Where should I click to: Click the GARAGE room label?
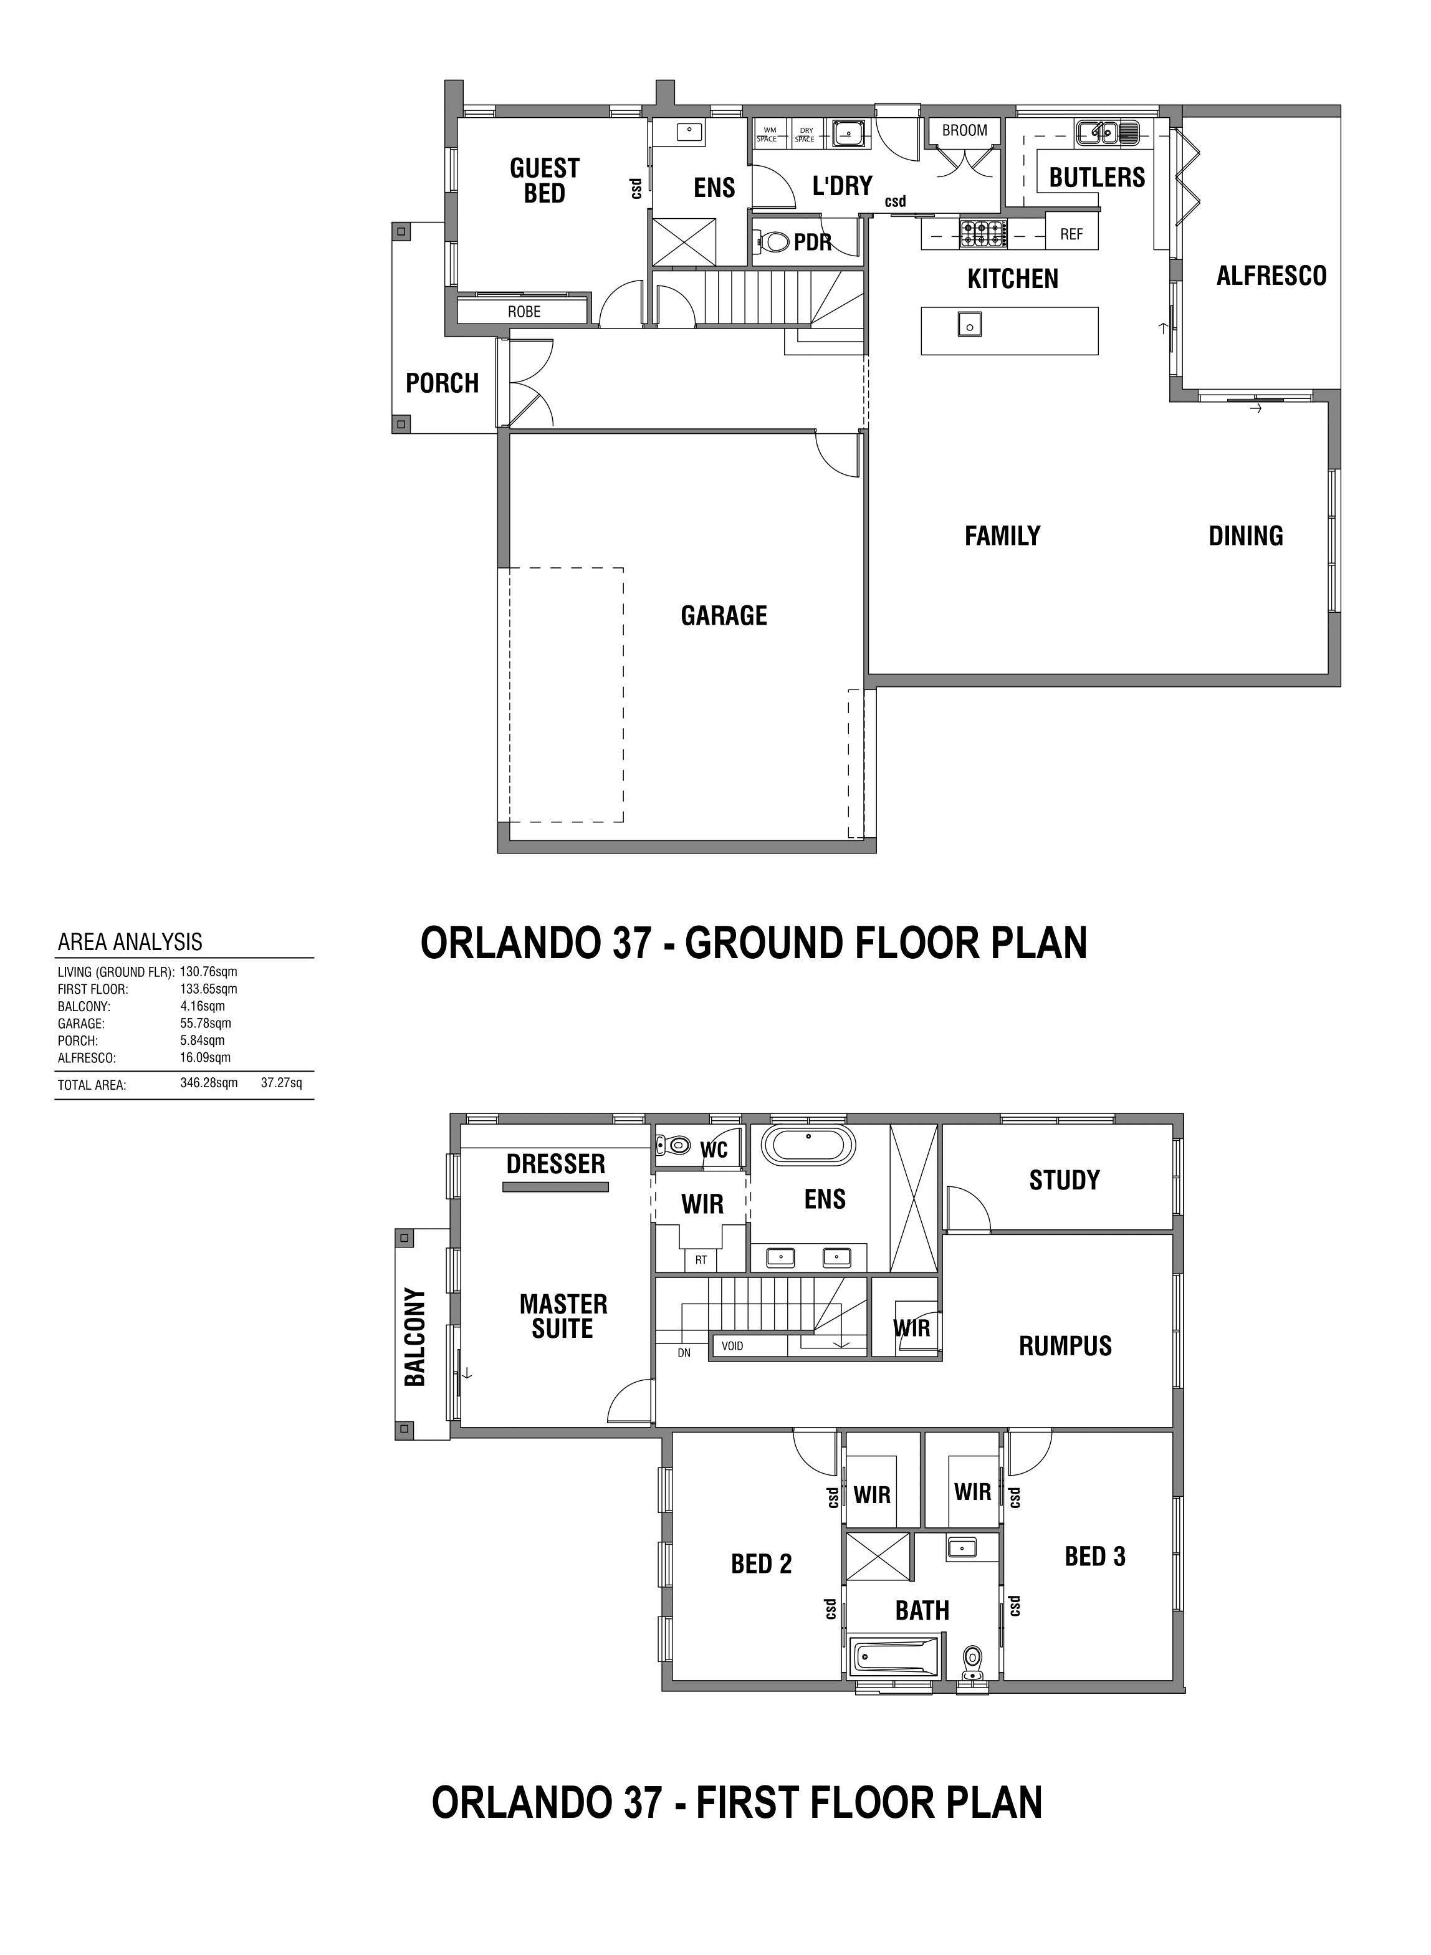coord(724,616)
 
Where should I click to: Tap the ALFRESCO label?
coord(1271,276)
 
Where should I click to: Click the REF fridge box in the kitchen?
coord(1071,234)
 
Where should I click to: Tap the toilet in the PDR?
coord(773,241)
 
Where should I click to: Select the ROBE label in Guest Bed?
coord(524,312)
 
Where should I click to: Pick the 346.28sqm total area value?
coord(209,1083)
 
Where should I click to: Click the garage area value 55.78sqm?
coord(205,1023)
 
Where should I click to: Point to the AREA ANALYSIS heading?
coord(130,941)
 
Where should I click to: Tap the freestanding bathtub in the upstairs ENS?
coord(808,1146)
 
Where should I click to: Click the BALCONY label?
coord(415,1337)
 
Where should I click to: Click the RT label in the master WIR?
coord(701,1261)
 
